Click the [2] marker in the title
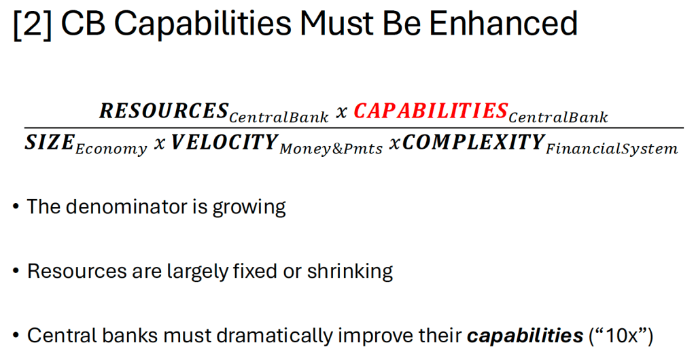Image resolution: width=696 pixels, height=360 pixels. click(33, 24)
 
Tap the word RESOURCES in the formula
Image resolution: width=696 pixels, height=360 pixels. click(164, 111)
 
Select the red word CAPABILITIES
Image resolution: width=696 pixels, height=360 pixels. click(430, 111)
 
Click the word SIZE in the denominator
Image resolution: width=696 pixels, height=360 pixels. click(49, 143)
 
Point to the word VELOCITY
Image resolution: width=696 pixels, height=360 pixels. click(224, 143)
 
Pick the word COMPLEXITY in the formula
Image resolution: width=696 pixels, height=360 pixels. click(473, 143)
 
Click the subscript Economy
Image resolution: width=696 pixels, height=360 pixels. click(111, 149)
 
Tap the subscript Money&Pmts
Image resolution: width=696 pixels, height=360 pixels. click(331, 149)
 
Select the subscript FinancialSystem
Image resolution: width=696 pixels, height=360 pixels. click(612, 149)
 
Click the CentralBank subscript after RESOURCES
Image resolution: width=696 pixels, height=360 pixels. click(279, 117)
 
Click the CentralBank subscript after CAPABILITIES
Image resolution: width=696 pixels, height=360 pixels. click(558, 117)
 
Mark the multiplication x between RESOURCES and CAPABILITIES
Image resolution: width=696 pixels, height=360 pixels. click(341, 113)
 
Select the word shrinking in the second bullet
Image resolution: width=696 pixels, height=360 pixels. click(350, 271)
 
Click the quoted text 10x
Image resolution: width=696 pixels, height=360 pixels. click(621, 336)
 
